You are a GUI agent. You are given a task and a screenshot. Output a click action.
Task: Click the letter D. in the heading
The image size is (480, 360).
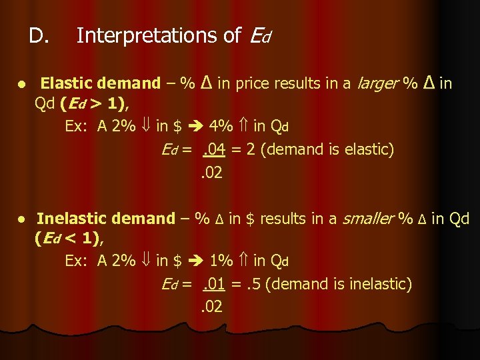[x=39, y=35]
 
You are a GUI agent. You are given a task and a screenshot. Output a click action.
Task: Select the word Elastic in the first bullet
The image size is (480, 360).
[x=67, y=83]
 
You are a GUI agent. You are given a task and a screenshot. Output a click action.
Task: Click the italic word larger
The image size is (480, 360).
[x=379, y=83]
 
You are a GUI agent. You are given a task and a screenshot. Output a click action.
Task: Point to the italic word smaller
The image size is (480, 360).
[x=366, y=218]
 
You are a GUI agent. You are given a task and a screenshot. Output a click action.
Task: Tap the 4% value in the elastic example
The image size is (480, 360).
[x=221, y=127]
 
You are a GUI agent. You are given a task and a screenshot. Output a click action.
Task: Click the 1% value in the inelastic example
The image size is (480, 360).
[x=221, y=261]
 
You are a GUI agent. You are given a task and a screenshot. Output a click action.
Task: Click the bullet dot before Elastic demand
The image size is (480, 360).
[x=22, y=85]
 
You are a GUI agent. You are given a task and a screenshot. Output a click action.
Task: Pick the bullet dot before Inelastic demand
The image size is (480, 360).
[x=22, y=219]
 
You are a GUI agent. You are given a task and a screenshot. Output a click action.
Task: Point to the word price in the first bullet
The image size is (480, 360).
[x=253, y=83]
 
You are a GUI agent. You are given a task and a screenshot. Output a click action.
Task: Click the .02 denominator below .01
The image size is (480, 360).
[x=211, y=307]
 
